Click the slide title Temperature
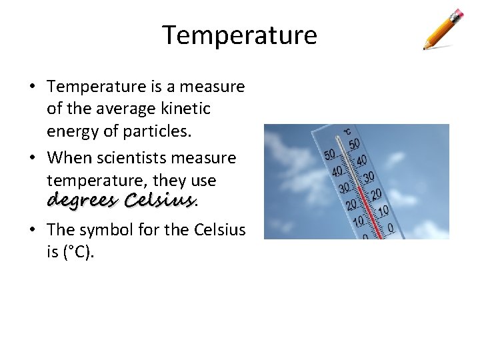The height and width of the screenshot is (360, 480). click(x=240, y=35)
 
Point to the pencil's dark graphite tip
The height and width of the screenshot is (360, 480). click(x=425, y=48)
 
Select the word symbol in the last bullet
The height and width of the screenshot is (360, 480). click(x=105, y=230)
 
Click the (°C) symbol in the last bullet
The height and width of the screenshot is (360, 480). click(x=81, y=253)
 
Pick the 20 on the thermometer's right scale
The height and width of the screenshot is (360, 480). click(x=376, y=194)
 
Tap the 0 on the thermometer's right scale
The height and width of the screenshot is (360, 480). click(x=391, y=229)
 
